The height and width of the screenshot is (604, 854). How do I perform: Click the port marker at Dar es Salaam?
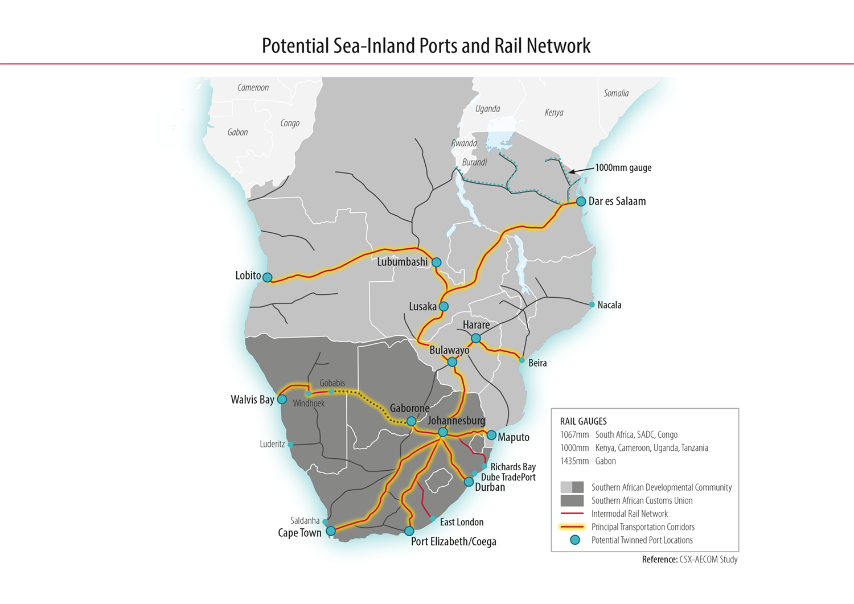[581, 201]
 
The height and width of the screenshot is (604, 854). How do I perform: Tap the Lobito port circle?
[267, 277]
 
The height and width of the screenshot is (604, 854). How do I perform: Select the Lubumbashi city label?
[402, 262]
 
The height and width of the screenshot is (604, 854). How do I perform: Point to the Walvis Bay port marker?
[282, 400]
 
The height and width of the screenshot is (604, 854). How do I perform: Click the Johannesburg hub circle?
[443, 433]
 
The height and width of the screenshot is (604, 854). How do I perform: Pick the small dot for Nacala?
[592, 305]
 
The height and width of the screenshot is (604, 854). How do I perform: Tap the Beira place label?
[537, 363]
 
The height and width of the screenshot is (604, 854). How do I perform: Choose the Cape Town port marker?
[331, 531]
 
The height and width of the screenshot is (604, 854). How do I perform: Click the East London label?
[461, 522]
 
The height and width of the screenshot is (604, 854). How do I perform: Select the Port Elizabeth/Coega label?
[453, 541]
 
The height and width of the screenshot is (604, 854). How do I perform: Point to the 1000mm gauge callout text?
[623, 168]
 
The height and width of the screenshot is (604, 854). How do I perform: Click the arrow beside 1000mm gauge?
[581, 170]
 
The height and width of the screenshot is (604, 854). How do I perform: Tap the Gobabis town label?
[332, 383]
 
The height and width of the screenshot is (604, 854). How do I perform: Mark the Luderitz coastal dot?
[290, 445]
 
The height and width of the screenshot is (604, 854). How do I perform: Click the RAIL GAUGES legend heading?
[583, 421]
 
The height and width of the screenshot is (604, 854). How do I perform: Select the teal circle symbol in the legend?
[575, 540]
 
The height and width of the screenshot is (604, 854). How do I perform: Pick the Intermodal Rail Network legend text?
[629, 513]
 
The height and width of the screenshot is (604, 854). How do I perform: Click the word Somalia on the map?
[616, 93]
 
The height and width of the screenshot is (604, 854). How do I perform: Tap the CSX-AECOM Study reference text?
[708, 560]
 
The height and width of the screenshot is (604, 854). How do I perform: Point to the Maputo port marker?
[491, 435]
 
